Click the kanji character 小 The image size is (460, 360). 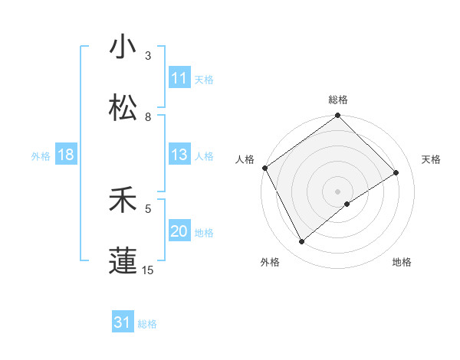coord(123,47)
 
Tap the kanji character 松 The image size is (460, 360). coord(123,108)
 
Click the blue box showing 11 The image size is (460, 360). coord(179,78)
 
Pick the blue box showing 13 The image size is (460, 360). coord(179,155)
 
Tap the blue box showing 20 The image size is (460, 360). coord(179,232)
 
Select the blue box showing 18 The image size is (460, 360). coord(66,155)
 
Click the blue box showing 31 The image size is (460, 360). coord(123,322)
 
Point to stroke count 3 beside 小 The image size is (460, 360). coord(148,56)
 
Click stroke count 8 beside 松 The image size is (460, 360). coord(148,117)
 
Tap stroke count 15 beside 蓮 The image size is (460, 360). coord(148,270)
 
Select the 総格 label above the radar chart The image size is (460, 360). coord(338,100)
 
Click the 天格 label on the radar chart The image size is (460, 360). coord(432,159)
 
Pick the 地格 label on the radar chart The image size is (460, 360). coord(402,262)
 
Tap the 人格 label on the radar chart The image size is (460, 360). coord(245,159)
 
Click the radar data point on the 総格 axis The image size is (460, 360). coord(338,116)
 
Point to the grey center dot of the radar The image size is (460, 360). coord(338,191)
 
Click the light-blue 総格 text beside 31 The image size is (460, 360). coord(147,324)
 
